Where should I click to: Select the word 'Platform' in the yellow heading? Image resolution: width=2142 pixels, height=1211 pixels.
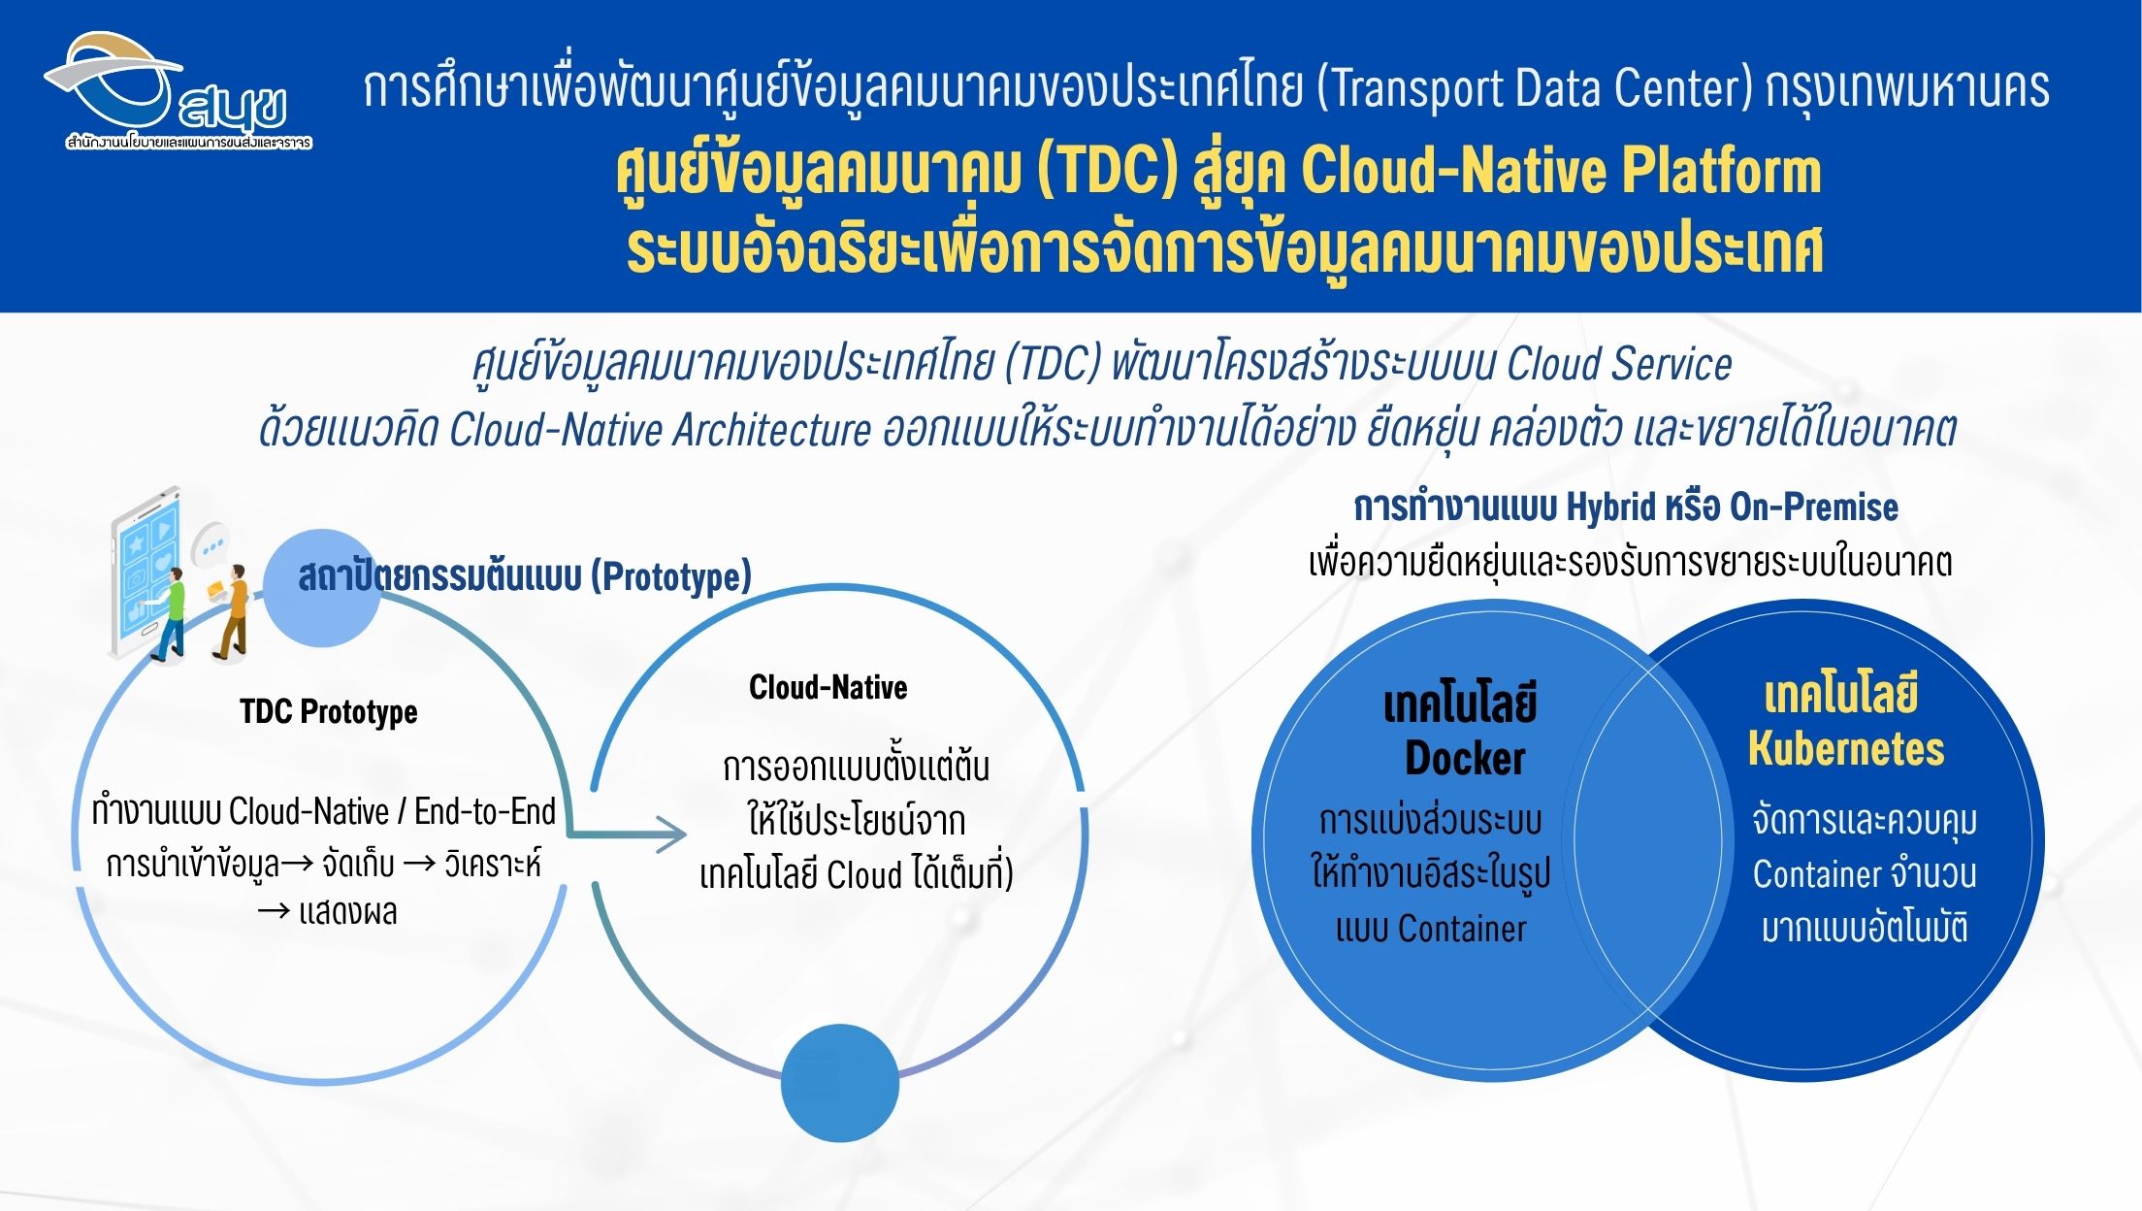coord(1721,171)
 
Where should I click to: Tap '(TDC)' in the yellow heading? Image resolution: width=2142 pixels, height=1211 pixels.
coord(1107,171)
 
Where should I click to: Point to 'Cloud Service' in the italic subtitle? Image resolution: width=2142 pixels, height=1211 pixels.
coord(1619,364)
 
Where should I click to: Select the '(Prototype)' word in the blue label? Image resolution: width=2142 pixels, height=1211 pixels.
coord(671,576)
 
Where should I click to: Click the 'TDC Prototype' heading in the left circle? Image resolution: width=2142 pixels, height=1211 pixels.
coord(329,711)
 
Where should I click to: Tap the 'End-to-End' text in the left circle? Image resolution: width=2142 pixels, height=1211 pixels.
coord(485,811)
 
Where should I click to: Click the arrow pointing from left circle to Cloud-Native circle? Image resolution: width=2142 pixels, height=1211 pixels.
coord(627,833)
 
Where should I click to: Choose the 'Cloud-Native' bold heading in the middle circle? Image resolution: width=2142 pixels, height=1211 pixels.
coord(828,687)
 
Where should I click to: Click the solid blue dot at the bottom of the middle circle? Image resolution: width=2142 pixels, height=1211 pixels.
coord(840,1083)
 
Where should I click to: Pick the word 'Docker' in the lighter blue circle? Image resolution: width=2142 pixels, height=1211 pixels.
coord(1465,758)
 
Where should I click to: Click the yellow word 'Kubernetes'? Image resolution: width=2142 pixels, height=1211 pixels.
coord(1846,748)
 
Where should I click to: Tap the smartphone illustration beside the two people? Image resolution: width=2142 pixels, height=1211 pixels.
coord(146,573)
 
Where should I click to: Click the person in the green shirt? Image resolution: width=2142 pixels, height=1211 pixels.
coord(171,613)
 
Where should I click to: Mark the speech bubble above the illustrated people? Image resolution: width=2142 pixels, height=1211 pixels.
coord(211,544)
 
